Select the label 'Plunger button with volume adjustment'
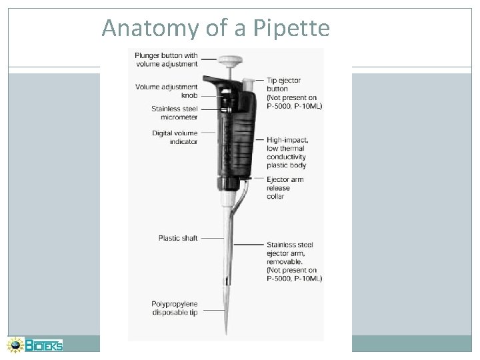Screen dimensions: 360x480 [166, 60]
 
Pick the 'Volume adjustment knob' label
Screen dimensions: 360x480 [167, 91]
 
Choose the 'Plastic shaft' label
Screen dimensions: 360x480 [178, 237]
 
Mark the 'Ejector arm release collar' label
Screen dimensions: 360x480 [285, 187]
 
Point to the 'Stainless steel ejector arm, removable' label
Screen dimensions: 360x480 [294, 260]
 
